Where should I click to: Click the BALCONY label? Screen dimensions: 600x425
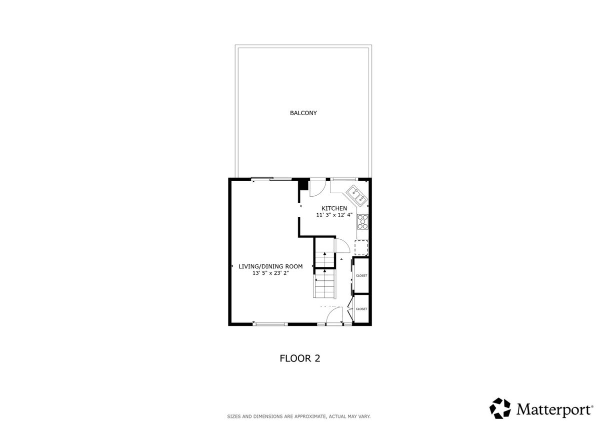pyautogui.click(x=303, y=113)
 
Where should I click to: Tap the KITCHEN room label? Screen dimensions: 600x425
pyautogui.click(x=334, y=208)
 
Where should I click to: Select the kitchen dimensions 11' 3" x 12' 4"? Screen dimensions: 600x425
pyautogui.click(x=334, y=215)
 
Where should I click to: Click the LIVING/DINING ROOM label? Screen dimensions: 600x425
pyautogui.click(x=270, y=266)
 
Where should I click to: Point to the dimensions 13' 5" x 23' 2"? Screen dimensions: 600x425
pyautogui.click(x=270, y=273)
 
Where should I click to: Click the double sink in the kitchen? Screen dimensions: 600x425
pyautogui.click(x=357, y=195)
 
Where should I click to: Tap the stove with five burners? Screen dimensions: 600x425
pyautogui.click(x=362, y=222)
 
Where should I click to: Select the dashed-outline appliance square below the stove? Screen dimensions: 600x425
pyautogui.click(x=361, y=247)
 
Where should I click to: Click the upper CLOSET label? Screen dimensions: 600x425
pyautogui.click(x=361, y=276)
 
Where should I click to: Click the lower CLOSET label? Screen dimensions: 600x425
pyautogui.click(x=361, y=309)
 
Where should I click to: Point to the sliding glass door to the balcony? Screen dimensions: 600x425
pyautogui.click(x=271, y=179)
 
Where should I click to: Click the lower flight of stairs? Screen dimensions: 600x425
pyautogui.click(x=324, y=284)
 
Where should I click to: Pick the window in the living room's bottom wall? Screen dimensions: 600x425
pyautogui.click(x=270, y=324)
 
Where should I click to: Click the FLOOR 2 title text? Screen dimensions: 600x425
pyautogui.click(x=299, y=358)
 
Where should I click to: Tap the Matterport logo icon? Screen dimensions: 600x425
pyautogui.click(x=500, y=408)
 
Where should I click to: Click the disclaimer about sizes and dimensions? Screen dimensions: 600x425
pyautogui.click(x=299, y=416)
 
